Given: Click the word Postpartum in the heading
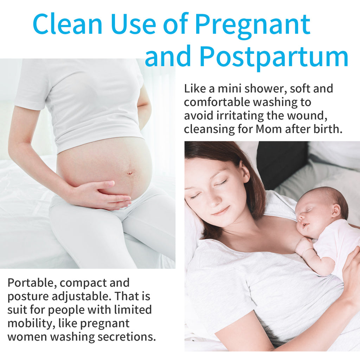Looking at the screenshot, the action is tap(274, 57).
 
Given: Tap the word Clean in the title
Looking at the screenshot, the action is tap(67, 24).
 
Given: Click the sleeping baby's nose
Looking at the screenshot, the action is tap(301, 217).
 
